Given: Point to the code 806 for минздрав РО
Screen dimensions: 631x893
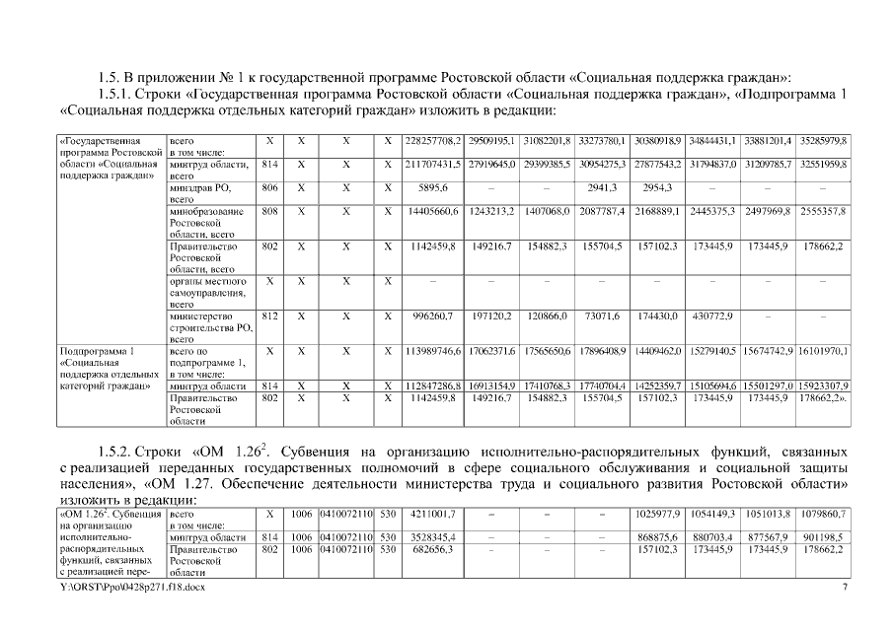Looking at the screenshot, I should pos(269,187).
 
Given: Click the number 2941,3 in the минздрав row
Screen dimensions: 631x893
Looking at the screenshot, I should pos(602,187).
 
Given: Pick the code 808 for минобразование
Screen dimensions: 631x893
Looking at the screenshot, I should pos(269,211).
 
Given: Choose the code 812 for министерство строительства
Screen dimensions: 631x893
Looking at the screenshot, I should pos(269,315).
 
